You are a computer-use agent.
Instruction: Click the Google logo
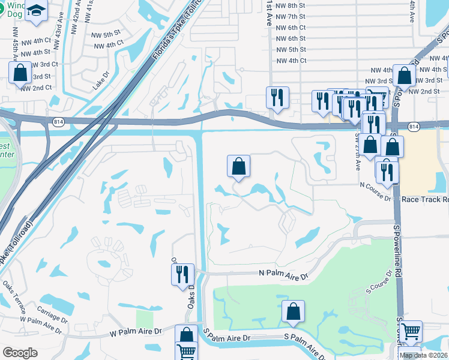pyautogui.click(x=20, y=352)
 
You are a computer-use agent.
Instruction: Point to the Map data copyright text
pyautogui.click(x=423, y=355)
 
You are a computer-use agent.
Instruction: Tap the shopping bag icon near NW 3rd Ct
pyautogui.click(x=20, y=73)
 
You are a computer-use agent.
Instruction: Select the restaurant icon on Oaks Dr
pyautogui.click(x=182, y=274)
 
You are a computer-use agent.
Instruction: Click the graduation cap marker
pyautogui.click(x=36, y=11)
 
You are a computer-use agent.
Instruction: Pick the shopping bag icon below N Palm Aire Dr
pyautogui.click(x=293, y=311)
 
